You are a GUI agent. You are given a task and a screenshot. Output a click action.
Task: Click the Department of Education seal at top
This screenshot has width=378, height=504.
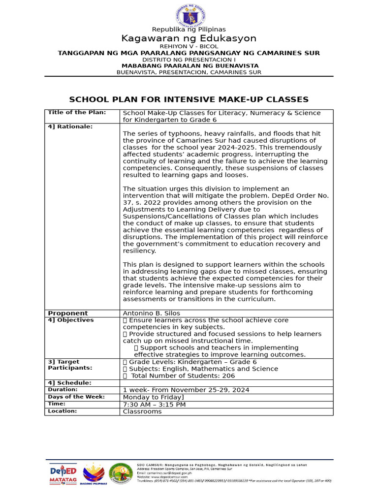click(189, 15)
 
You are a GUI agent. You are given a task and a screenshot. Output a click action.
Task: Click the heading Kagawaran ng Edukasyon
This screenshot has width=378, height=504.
click(189, 38)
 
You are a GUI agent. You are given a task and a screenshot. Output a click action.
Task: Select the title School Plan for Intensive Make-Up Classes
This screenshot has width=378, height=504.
click(189, 99)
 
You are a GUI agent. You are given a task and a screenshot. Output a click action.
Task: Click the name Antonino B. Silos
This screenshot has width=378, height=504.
click(151, 313)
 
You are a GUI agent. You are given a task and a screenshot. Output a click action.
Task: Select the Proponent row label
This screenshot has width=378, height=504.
click(68, 313)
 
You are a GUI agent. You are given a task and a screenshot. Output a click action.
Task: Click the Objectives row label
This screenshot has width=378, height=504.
click(70, 320)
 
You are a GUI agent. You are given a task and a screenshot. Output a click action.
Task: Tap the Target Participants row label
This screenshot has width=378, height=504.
click(63, 365)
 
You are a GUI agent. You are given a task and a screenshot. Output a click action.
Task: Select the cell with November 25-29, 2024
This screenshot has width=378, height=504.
click(186, 390)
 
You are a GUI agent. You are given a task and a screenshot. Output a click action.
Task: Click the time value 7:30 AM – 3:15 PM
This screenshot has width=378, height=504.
click(154, 404)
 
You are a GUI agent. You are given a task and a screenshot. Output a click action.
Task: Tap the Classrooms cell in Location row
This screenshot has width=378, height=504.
click(142, 411)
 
